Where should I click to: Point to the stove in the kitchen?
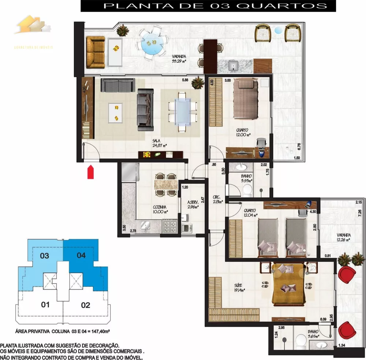pos(169,225)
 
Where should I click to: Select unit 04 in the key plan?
pos(81,255)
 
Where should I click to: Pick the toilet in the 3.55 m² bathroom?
pos(247,190)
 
